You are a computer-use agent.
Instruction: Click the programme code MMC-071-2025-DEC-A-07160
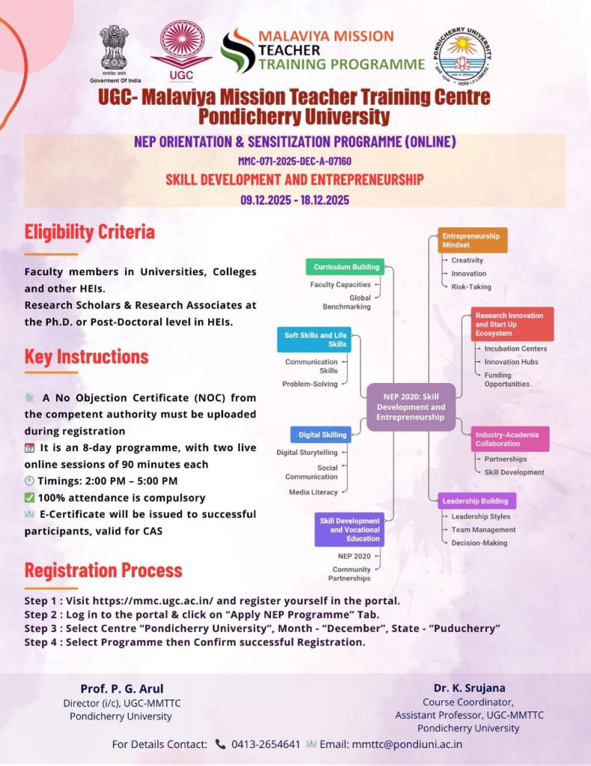295,161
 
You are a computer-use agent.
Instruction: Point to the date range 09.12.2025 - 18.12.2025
295,200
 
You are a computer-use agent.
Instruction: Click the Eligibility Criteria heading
90,232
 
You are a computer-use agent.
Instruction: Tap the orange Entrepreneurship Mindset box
471,240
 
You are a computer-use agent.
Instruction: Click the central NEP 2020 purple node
411,407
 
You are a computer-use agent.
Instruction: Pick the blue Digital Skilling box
320,435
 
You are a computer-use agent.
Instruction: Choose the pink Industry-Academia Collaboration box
511,439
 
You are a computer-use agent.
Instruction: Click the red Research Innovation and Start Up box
512,324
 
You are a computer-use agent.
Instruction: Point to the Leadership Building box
477,501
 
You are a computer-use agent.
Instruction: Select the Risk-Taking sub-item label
471,287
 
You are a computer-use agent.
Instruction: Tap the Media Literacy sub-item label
313,492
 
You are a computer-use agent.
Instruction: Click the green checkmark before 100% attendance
29,497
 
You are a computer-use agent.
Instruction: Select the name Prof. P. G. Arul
122,689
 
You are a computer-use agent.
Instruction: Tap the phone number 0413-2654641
266,744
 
